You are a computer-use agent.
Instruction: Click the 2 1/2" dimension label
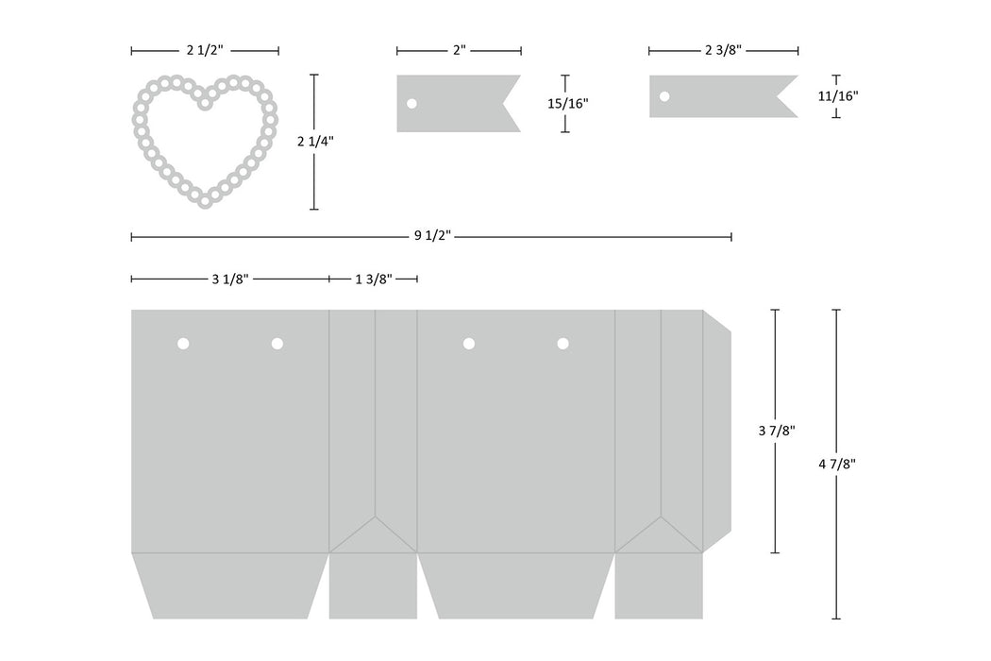point(205,51)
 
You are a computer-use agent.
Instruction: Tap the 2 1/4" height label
point(315,141)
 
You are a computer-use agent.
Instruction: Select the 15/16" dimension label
point(567,103)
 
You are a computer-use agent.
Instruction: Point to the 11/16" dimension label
point(838,96)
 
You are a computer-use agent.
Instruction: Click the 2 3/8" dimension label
point(723,51)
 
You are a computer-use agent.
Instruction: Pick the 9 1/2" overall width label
point(432,236)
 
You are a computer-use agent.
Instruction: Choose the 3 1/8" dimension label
point(230,279)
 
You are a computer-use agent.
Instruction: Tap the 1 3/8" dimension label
point(374,279)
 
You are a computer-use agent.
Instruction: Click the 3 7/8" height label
point(776,431)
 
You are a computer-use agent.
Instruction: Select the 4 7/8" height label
point(837,465)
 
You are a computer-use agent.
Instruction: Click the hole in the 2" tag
point(412,103)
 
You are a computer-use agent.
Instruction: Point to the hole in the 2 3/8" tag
point(664,96)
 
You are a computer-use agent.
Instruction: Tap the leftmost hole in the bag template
point(183,344)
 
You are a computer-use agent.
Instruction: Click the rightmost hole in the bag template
point(563,344)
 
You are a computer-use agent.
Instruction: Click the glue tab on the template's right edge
point(716,432)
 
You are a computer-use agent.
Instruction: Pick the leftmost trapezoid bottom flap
point(230,585)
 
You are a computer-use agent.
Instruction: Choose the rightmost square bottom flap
point(659,585)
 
